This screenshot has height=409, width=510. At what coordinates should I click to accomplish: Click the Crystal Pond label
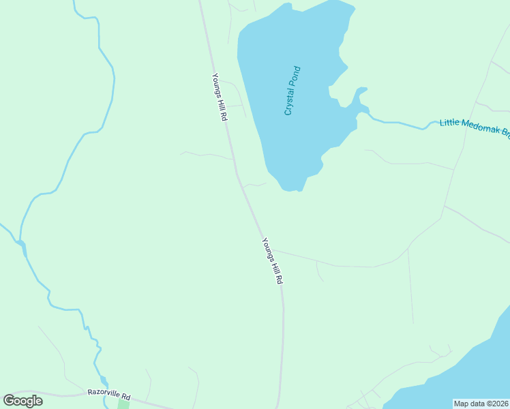292,91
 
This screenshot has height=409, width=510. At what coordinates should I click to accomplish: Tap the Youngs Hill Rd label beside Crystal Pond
219,97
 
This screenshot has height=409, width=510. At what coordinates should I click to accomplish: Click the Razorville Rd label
108,393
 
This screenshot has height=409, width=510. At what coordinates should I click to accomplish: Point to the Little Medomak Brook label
475,127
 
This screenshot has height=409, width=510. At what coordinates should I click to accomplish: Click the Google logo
23,401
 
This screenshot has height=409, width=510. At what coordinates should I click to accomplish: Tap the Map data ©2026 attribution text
481,404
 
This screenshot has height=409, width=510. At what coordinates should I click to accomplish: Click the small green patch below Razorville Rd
123,404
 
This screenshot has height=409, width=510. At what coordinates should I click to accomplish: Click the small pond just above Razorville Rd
103,380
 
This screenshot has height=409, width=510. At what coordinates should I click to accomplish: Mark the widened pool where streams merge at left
22,245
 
